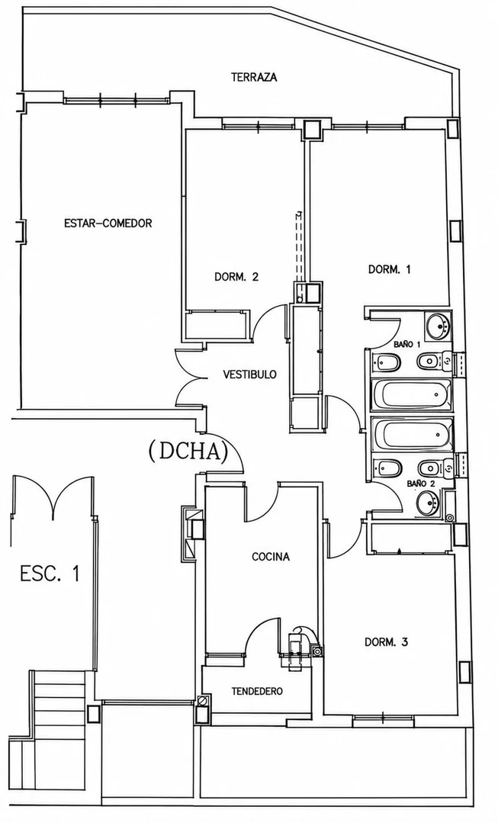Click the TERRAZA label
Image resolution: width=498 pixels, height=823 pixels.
pos(254,77)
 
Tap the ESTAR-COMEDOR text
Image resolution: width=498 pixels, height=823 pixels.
pos(108,223)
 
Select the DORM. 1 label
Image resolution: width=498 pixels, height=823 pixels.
pos(389,269)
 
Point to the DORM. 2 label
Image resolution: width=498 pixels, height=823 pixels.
pos(236,277)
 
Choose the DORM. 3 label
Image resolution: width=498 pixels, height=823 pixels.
pos(386,642)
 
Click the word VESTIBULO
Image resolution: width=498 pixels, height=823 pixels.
pos(250,375)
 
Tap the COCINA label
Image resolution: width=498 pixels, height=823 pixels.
pos(271,557)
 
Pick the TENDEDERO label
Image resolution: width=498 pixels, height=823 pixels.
pos(257,691)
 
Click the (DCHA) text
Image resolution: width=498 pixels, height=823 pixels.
pos(188,452)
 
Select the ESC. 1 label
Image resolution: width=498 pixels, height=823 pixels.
pos(50,573)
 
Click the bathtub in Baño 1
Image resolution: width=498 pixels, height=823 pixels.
pos(411,394)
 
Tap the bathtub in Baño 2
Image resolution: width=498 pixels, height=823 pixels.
pos(412,433)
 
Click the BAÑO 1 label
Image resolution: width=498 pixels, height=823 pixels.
pos(407,345)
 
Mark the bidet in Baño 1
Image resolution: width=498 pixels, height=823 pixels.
pos(387,362)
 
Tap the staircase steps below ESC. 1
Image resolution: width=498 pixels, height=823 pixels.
pos(59,703)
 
